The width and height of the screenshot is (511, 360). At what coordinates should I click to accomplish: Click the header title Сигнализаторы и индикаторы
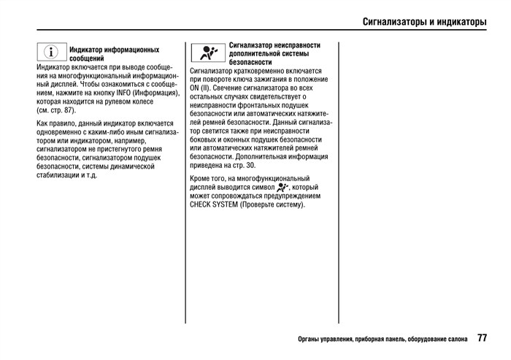424,21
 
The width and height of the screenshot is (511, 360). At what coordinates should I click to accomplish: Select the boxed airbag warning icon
208,53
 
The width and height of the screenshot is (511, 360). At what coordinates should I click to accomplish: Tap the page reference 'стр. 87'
58,110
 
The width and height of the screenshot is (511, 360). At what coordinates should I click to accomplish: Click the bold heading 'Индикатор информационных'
114,50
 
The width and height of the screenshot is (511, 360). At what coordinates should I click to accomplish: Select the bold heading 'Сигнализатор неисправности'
274,45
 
